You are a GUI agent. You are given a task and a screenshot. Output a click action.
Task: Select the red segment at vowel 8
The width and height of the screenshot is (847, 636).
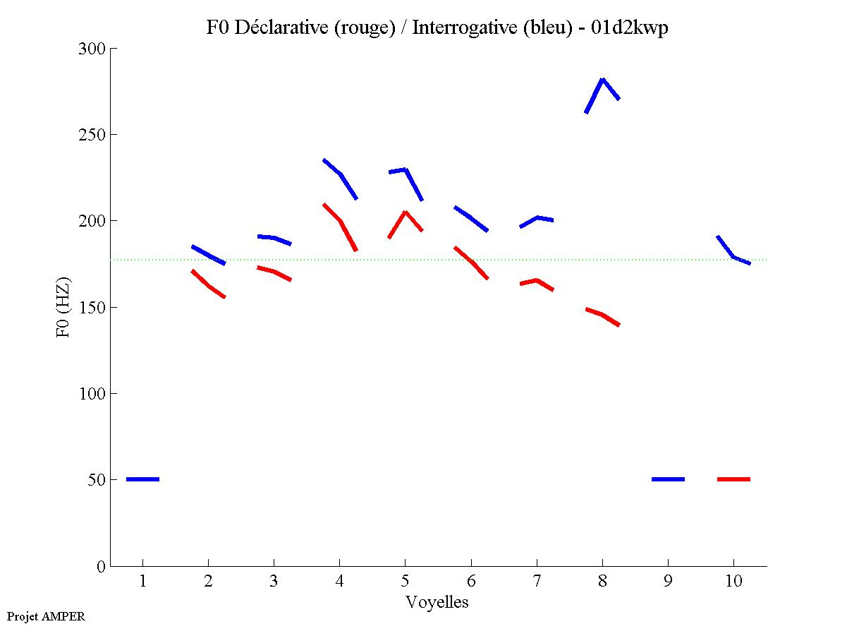pyautogui.click(x=602, y=315)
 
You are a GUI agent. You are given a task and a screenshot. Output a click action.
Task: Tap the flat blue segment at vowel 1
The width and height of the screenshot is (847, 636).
pyautogui.click(x=142, y=479)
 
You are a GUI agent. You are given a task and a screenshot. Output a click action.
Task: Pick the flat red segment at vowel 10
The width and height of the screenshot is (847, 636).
pyautogui.click(x=733, y=479)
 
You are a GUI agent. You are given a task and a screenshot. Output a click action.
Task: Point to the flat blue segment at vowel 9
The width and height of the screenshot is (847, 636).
pyautogui.click(x=668, y=479)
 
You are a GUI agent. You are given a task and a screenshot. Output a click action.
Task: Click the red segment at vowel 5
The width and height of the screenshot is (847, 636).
pyautogui.click(x=405, y=212)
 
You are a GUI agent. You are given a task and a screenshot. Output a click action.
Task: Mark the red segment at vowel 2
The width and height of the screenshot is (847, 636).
pyautogui.click(x=208, y=285)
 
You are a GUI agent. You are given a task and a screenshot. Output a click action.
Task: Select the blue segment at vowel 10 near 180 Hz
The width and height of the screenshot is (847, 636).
pyautogui.click(x=733, y=256)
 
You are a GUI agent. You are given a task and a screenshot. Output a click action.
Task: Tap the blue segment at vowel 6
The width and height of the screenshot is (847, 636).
pyautogui.click(x=471, y=219)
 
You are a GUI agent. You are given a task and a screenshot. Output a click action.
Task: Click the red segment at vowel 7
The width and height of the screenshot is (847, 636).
pyautogui.click(x=537, y=281)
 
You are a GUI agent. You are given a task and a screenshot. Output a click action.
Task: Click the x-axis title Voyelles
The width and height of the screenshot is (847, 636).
pyautogui.click(x=437, y=602)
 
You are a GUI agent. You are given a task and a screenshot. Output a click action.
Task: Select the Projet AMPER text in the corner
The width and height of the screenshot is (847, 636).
pyautogui.click(x=46, y=616)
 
